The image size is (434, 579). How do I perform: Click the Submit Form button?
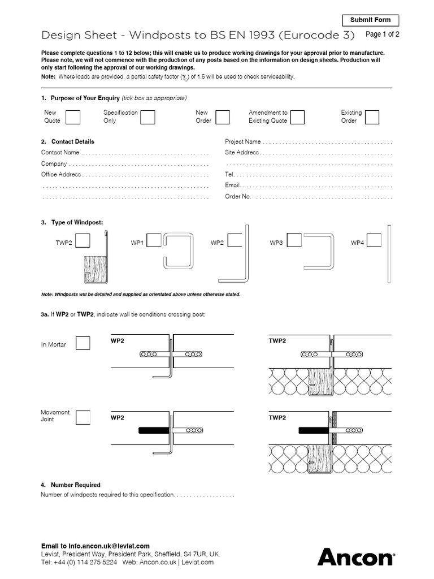pos(370,20)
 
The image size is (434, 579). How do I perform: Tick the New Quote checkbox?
pos(73,117)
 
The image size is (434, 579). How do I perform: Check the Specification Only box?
pos(147,117)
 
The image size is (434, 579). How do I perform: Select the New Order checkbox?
pos(223,117)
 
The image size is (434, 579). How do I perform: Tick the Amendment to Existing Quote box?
pos(297,117)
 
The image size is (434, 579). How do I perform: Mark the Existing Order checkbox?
pos(372,117)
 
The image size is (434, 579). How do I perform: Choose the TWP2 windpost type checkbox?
pos(83,241)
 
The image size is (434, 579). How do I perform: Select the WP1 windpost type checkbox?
pos(154,241)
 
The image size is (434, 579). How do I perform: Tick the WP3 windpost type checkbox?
pos(294,241)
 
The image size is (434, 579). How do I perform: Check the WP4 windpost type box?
pos(374,241)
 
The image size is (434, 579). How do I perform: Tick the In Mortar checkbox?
pos(83,343)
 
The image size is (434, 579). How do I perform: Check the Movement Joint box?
pos(83,417)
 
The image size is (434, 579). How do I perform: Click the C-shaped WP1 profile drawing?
pos(179,251)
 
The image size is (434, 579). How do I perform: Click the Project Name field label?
pos(243,142)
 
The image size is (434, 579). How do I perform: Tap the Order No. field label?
pos(238,197)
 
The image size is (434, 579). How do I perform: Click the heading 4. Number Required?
pos(71,485)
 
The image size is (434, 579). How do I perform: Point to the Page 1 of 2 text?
pos(383,34)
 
